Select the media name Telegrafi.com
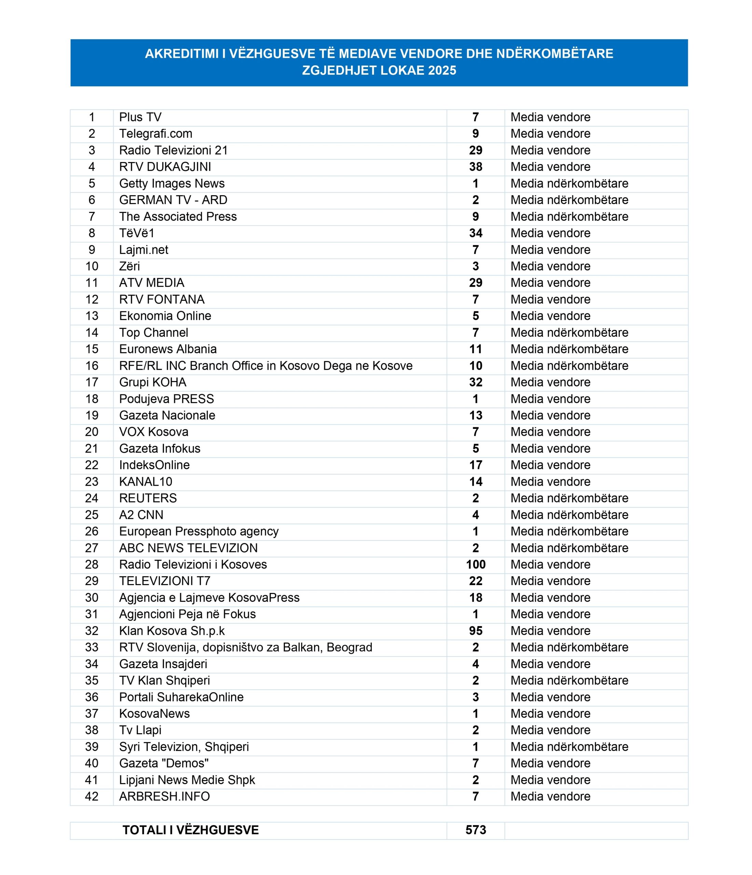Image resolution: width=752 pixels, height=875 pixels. point(155,134)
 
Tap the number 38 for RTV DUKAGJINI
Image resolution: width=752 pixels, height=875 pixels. point(476,167)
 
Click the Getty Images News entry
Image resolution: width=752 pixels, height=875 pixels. point(172,183)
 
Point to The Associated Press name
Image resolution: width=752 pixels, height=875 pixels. point(178,217)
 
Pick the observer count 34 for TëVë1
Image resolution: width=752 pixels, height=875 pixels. point(476,233)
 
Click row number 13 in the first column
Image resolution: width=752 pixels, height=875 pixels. point(92,316)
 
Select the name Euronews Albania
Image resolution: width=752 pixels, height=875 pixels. point(168,349)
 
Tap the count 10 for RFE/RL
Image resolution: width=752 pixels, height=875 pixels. point(476,366)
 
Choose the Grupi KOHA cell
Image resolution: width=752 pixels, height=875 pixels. point(152,382)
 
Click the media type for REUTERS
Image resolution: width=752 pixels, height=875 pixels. point(569,498)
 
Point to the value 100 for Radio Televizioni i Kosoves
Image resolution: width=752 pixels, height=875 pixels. point(476,565)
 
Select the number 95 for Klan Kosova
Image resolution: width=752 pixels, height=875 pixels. point(476,631)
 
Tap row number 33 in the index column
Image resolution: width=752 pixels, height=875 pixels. point(92,647)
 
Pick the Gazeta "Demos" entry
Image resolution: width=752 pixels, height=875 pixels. point(164,764)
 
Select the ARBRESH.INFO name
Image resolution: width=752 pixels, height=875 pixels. point(164,796)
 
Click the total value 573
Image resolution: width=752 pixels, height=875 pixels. point(476,830)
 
